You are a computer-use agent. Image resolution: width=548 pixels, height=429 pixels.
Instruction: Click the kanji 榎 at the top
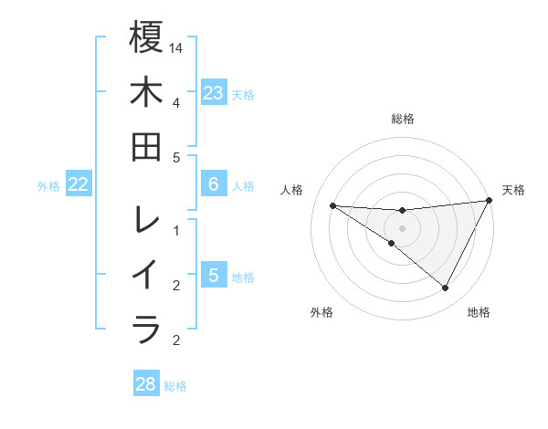[146, 37]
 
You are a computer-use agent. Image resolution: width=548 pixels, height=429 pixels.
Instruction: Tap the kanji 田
[146, 147]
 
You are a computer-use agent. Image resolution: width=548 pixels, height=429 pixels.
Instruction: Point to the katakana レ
[146, 220]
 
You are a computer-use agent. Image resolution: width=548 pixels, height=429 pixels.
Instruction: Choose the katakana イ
[146, 275]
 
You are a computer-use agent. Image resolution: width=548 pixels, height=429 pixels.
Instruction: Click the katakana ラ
[146, 330]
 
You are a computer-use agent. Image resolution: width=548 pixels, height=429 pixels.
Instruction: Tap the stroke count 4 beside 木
[176, 102]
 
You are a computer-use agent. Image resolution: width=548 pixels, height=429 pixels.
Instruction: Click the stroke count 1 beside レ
[176, 230]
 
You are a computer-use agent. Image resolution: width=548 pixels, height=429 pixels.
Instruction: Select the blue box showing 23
[214, 92]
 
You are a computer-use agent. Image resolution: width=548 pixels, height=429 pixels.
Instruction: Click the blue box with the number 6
[214, 184]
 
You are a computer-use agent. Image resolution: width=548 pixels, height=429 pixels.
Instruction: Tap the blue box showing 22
[79, 184]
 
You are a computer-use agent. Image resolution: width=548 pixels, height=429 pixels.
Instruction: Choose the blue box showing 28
[146, 384]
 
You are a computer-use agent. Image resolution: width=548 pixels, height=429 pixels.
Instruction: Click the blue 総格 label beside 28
[175, 386]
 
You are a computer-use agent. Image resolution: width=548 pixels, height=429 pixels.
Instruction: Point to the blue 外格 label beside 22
[48, 186]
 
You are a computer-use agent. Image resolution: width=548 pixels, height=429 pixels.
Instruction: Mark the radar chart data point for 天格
[490, 201]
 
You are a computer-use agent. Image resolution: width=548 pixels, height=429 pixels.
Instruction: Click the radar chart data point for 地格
[446, 288]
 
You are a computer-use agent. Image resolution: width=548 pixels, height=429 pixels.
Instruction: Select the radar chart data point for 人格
[332, 205]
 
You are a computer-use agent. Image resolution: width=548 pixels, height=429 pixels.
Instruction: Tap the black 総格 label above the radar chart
[403, 119]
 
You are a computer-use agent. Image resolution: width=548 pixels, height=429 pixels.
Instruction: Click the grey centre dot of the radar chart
[402, 228]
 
